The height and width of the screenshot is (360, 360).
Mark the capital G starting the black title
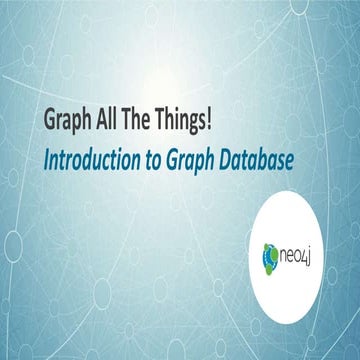tap(49, 120)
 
